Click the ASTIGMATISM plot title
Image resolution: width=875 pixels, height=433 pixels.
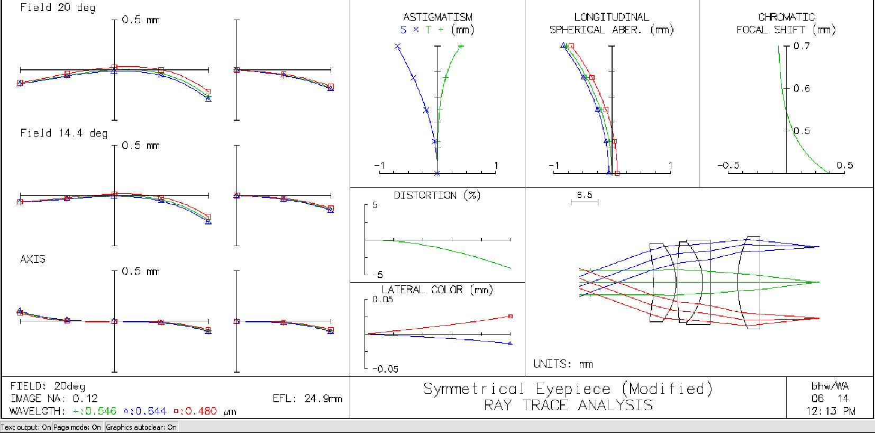(437, 17)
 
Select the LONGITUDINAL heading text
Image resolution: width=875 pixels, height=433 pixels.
(612, 17)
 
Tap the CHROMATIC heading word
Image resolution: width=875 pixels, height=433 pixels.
(786, 17)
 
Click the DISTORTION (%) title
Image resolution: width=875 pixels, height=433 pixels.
(437, 195)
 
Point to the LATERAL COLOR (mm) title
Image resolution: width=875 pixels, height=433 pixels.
(437, 290)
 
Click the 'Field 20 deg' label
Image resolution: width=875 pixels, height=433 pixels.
(58, 7)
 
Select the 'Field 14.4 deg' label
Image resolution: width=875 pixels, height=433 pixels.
(63, 133)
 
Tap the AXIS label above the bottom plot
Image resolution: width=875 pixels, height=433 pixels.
(33, 259)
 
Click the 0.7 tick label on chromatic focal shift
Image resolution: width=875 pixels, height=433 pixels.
(801, 46)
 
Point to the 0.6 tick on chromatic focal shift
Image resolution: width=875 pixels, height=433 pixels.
(801, 89)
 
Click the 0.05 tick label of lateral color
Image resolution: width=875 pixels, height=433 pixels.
(382, 300)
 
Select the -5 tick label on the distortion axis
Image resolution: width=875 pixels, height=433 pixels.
(377, 275)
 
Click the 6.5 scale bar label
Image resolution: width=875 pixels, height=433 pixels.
(585, 195)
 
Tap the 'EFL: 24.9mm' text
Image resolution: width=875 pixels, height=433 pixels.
(307, 399)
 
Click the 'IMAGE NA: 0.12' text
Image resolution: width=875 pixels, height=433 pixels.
(54, 399)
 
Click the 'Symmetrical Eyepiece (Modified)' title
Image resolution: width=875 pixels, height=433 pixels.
(568, 389)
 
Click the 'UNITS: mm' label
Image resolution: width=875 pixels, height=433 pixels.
(563, 364)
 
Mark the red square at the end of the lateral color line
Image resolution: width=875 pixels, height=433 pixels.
(510, 316)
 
